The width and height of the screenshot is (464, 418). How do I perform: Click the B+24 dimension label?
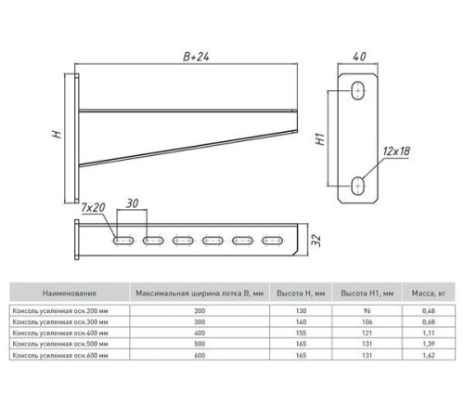(x=196, y=57)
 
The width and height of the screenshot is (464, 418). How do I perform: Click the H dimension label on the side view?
(x=57, y=134)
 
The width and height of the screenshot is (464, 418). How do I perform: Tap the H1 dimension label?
(x=320, y=139)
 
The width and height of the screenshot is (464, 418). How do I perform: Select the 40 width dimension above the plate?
(x=359, y=57)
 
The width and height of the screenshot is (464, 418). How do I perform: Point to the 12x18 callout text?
(x=396, y=151)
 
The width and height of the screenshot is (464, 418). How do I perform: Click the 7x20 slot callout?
(x=93, y=207)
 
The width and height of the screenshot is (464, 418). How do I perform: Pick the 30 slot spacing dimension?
(x=132, y=203)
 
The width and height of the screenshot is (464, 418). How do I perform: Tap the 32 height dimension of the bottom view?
(x=316, y=240)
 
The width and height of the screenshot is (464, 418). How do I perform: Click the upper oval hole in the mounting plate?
(x=357, y=91)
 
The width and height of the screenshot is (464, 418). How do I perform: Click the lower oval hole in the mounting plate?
(x=357, y=186)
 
